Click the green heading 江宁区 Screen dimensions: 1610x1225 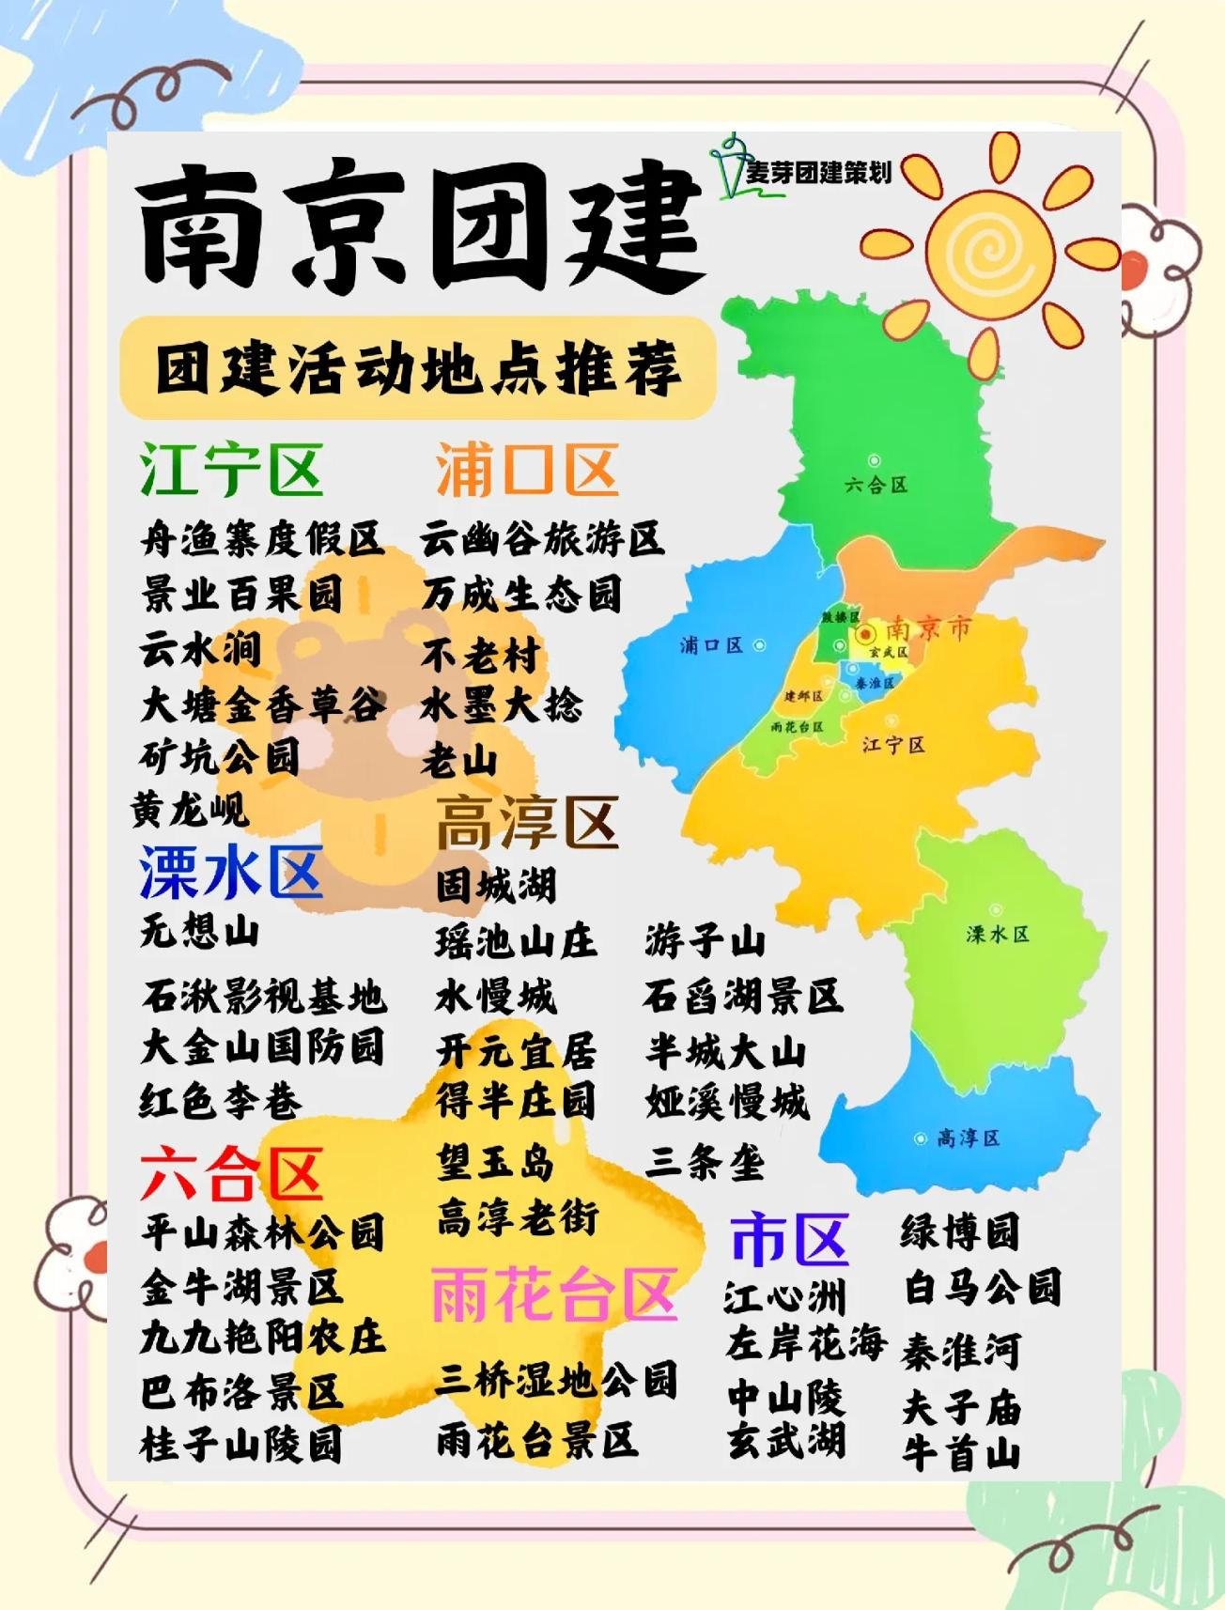tap(231, 470)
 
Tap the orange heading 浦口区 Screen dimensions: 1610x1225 tap(527, 470)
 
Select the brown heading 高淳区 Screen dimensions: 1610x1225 tap(527, 822)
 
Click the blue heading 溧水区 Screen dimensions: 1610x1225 tap(231, 872)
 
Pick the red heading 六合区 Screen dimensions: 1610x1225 tap(231, 1174)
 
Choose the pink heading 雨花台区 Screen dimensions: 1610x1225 tap(554, 1294)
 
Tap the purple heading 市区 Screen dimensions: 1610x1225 tap(789, 1238)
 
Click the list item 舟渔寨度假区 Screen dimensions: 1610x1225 tap(262, 539)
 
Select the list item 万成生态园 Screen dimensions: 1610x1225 tap(522, 595)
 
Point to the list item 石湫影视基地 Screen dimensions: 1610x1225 tap(264, 997)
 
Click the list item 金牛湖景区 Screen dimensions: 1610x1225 tap(242, 1287)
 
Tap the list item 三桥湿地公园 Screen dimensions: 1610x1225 tap(556, 1380)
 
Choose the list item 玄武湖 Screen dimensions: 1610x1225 tap(786, 1440)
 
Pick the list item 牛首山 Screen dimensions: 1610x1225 tap(961, 1453)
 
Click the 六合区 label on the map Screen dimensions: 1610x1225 tap(876, 485)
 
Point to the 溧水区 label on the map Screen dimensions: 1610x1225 tap(998, 934)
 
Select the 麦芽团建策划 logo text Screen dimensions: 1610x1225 tap(817, 173)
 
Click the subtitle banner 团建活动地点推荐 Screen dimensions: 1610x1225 tap(418, 368)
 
